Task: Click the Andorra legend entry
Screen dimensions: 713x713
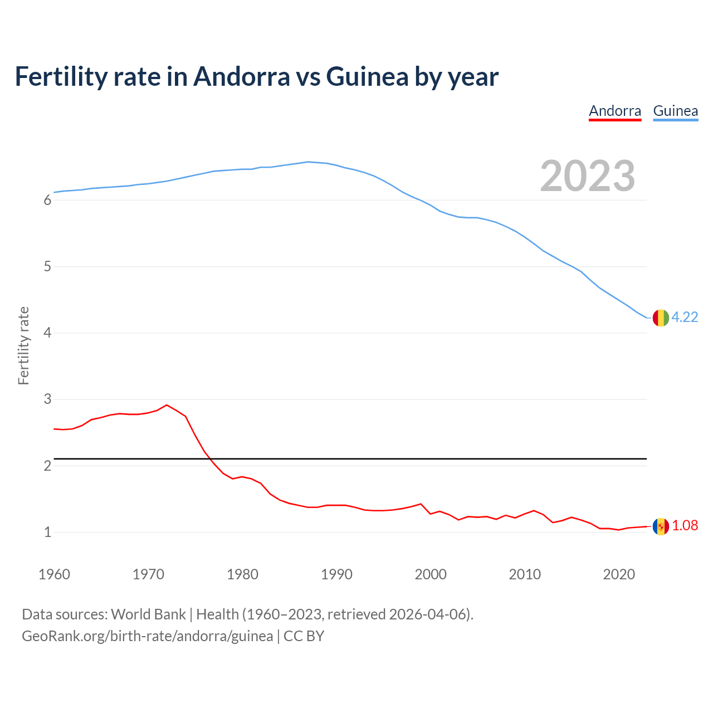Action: click(615, 111)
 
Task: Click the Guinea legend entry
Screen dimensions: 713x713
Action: click(675, 111)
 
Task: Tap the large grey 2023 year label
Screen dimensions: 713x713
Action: click(588, 176)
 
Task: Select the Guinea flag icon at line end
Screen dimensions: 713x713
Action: click(661, 318)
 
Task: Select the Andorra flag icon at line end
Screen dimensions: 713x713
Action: click(661, 526)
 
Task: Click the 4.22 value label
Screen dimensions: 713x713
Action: click(685, 317)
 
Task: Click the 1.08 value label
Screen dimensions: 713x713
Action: click(685, 525)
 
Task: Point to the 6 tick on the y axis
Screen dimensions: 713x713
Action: click(47, 201)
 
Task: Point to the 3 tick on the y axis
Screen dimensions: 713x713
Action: click(47, 399)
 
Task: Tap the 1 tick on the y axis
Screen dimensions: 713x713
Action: click(47, 532)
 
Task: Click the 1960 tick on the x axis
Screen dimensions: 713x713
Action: click(54, 574)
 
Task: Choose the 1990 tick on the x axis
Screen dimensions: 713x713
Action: click(336, 574)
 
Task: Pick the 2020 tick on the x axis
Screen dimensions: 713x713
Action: click(619, 574)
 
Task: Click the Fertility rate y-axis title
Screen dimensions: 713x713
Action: click(23, 345)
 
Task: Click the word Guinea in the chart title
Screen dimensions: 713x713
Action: click(367, 76)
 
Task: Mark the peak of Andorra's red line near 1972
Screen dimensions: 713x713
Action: click(167, 405)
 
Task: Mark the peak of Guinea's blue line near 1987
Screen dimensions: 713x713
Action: click(308, 162)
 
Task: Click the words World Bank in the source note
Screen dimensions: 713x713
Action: click(148, 614)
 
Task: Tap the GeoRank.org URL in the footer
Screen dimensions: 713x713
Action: click(147, 636)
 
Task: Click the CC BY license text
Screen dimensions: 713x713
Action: click(304, 636)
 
